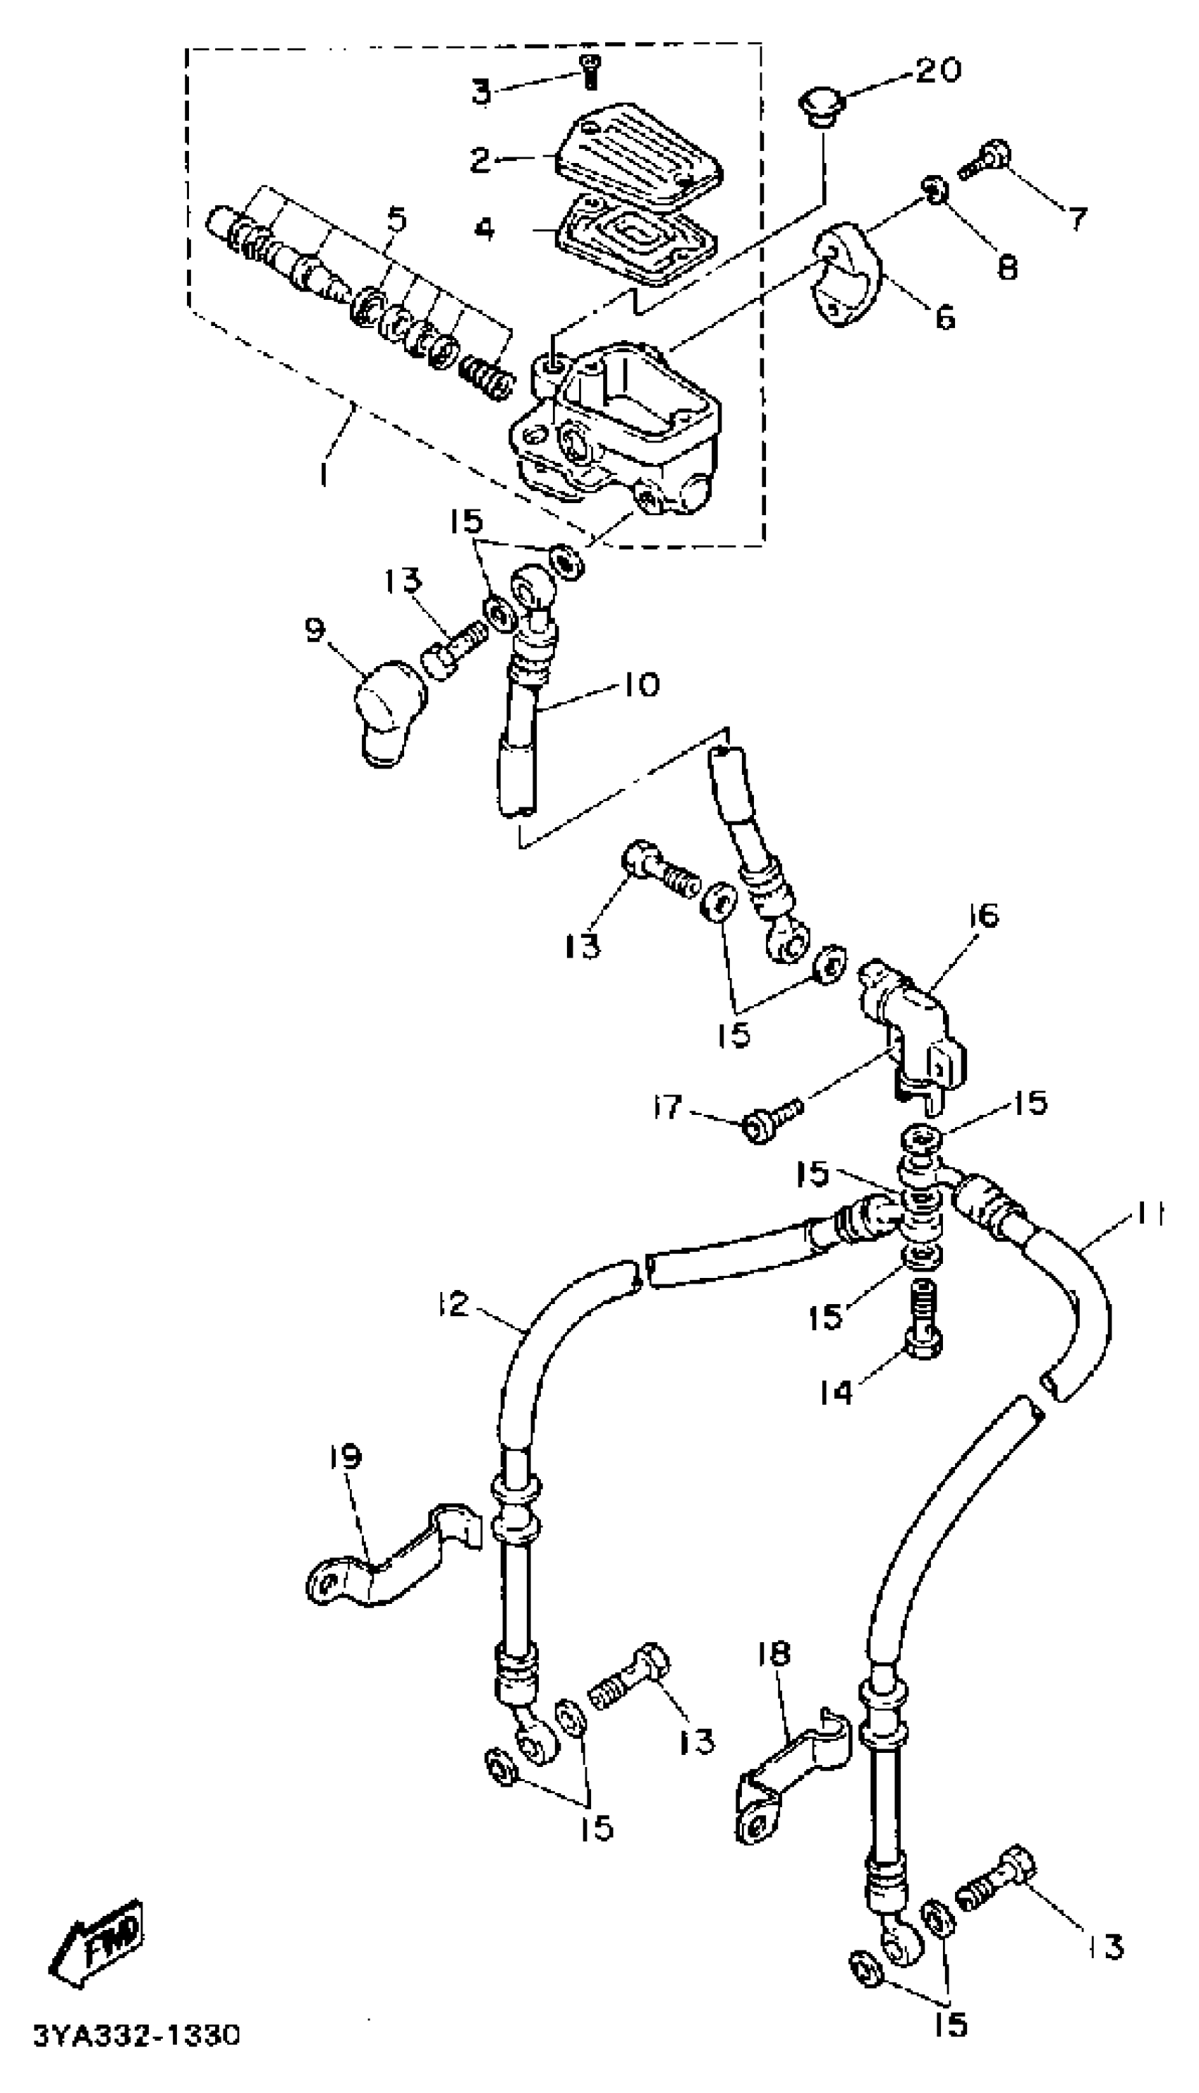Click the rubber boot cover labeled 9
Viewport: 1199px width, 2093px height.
387,709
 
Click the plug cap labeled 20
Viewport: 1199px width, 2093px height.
817,108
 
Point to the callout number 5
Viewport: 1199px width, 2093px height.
396,220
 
